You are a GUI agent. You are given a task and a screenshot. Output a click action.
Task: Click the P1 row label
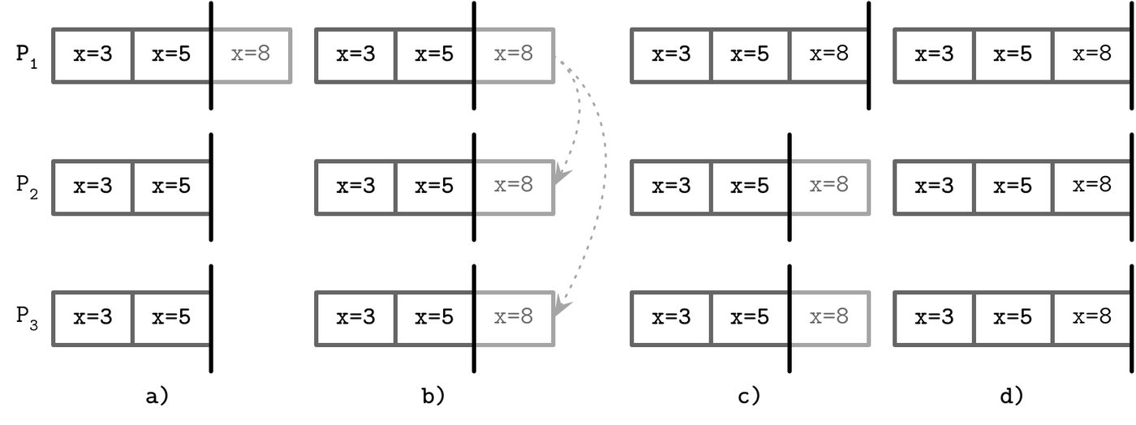(x=26, y=56)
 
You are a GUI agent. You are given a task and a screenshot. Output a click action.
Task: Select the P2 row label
(x=26, y=187)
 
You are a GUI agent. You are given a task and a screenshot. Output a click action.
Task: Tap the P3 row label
(x=26, y=318)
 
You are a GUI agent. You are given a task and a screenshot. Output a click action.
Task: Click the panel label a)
(x=157, y=396)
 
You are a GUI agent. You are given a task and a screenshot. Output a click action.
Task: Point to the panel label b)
(x=433, y=396)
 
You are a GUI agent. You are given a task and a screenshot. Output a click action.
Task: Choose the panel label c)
(x=748, y=396)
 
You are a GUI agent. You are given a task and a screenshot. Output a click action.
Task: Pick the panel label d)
(x=1011, y=396)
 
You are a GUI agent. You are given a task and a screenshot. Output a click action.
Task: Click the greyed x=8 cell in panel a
(x=252, y=56)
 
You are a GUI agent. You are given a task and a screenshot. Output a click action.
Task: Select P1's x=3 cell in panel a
(x=93, y=56)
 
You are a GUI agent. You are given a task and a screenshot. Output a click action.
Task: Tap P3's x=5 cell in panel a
(x=171, y=319)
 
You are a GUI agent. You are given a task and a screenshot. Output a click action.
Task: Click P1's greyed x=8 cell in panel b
(x=514, y=56)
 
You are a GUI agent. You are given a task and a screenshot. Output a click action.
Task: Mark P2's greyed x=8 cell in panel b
(x=514, y=187)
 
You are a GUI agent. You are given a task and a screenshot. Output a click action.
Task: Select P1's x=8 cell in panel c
(x=828, y=56)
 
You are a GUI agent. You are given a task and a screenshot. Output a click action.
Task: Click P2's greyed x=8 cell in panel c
(x=829, y=187)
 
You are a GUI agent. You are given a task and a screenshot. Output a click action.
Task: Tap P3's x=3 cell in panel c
(x=672, y=319)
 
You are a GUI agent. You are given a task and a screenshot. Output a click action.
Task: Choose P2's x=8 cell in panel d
(x=1092, y=187)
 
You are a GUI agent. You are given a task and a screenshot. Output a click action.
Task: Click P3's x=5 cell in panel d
(x=1013, y=319)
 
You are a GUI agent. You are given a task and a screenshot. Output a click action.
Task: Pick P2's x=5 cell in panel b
(x=434, y=187)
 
